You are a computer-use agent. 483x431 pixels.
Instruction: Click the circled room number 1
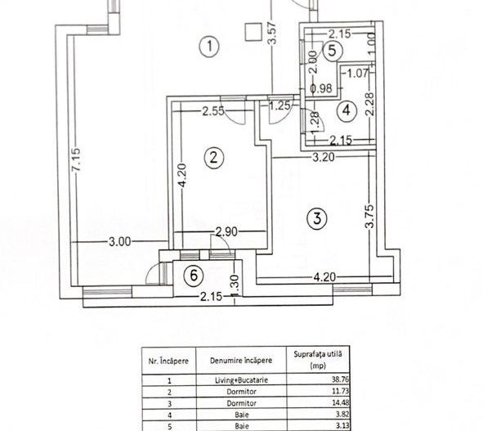[211, 47]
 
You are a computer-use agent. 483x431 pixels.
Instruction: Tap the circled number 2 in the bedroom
[213, 159]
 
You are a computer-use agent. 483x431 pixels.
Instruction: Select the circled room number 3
[316, 218]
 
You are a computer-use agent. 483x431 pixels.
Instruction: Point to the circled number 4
[347, 109]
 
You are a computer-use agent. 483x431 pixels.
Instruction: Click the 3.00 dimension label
[120, 241]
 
